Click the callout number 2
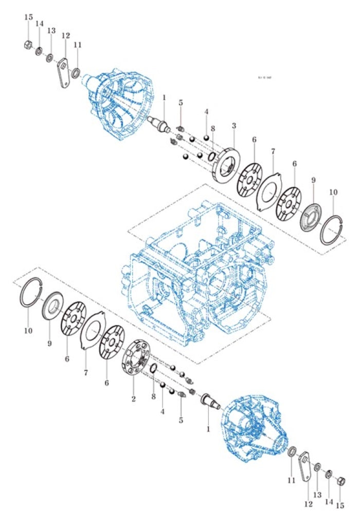133,399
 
